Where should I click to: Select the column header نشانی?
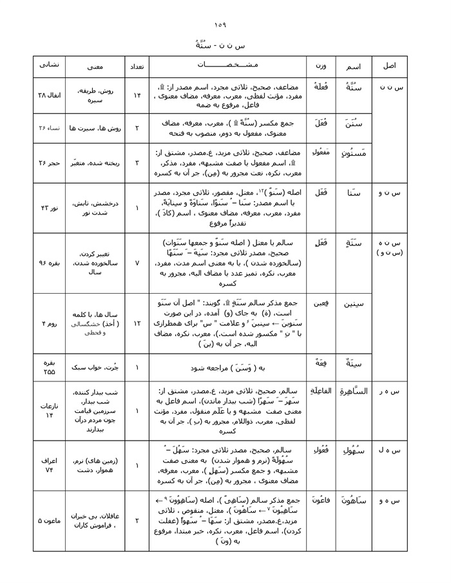click(x=49, y=66)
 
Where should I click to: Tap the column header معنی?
click(x=97, y=66)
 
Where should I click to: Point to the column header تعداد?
click(x=137, y=66)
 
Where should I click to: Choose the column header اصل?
click(x=390, y=66)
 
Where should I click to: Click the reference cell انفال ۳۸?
click(x=49, y=95)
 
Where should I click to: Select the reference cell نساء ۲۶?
click(x=49, y=128)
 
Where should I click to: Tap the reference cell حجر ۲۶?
click(x=49, y=163)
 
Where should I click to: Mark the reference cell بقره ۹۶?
click(x=49, y=263)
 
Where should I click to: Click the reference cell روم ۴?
click(x=49, y=322)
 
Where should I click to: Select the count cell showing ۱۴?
click(x=137, y=95)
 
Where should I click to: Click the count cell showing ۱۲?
click(x=137, y=322)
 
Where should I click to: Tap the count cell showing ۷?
click(x=137, y=263)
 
